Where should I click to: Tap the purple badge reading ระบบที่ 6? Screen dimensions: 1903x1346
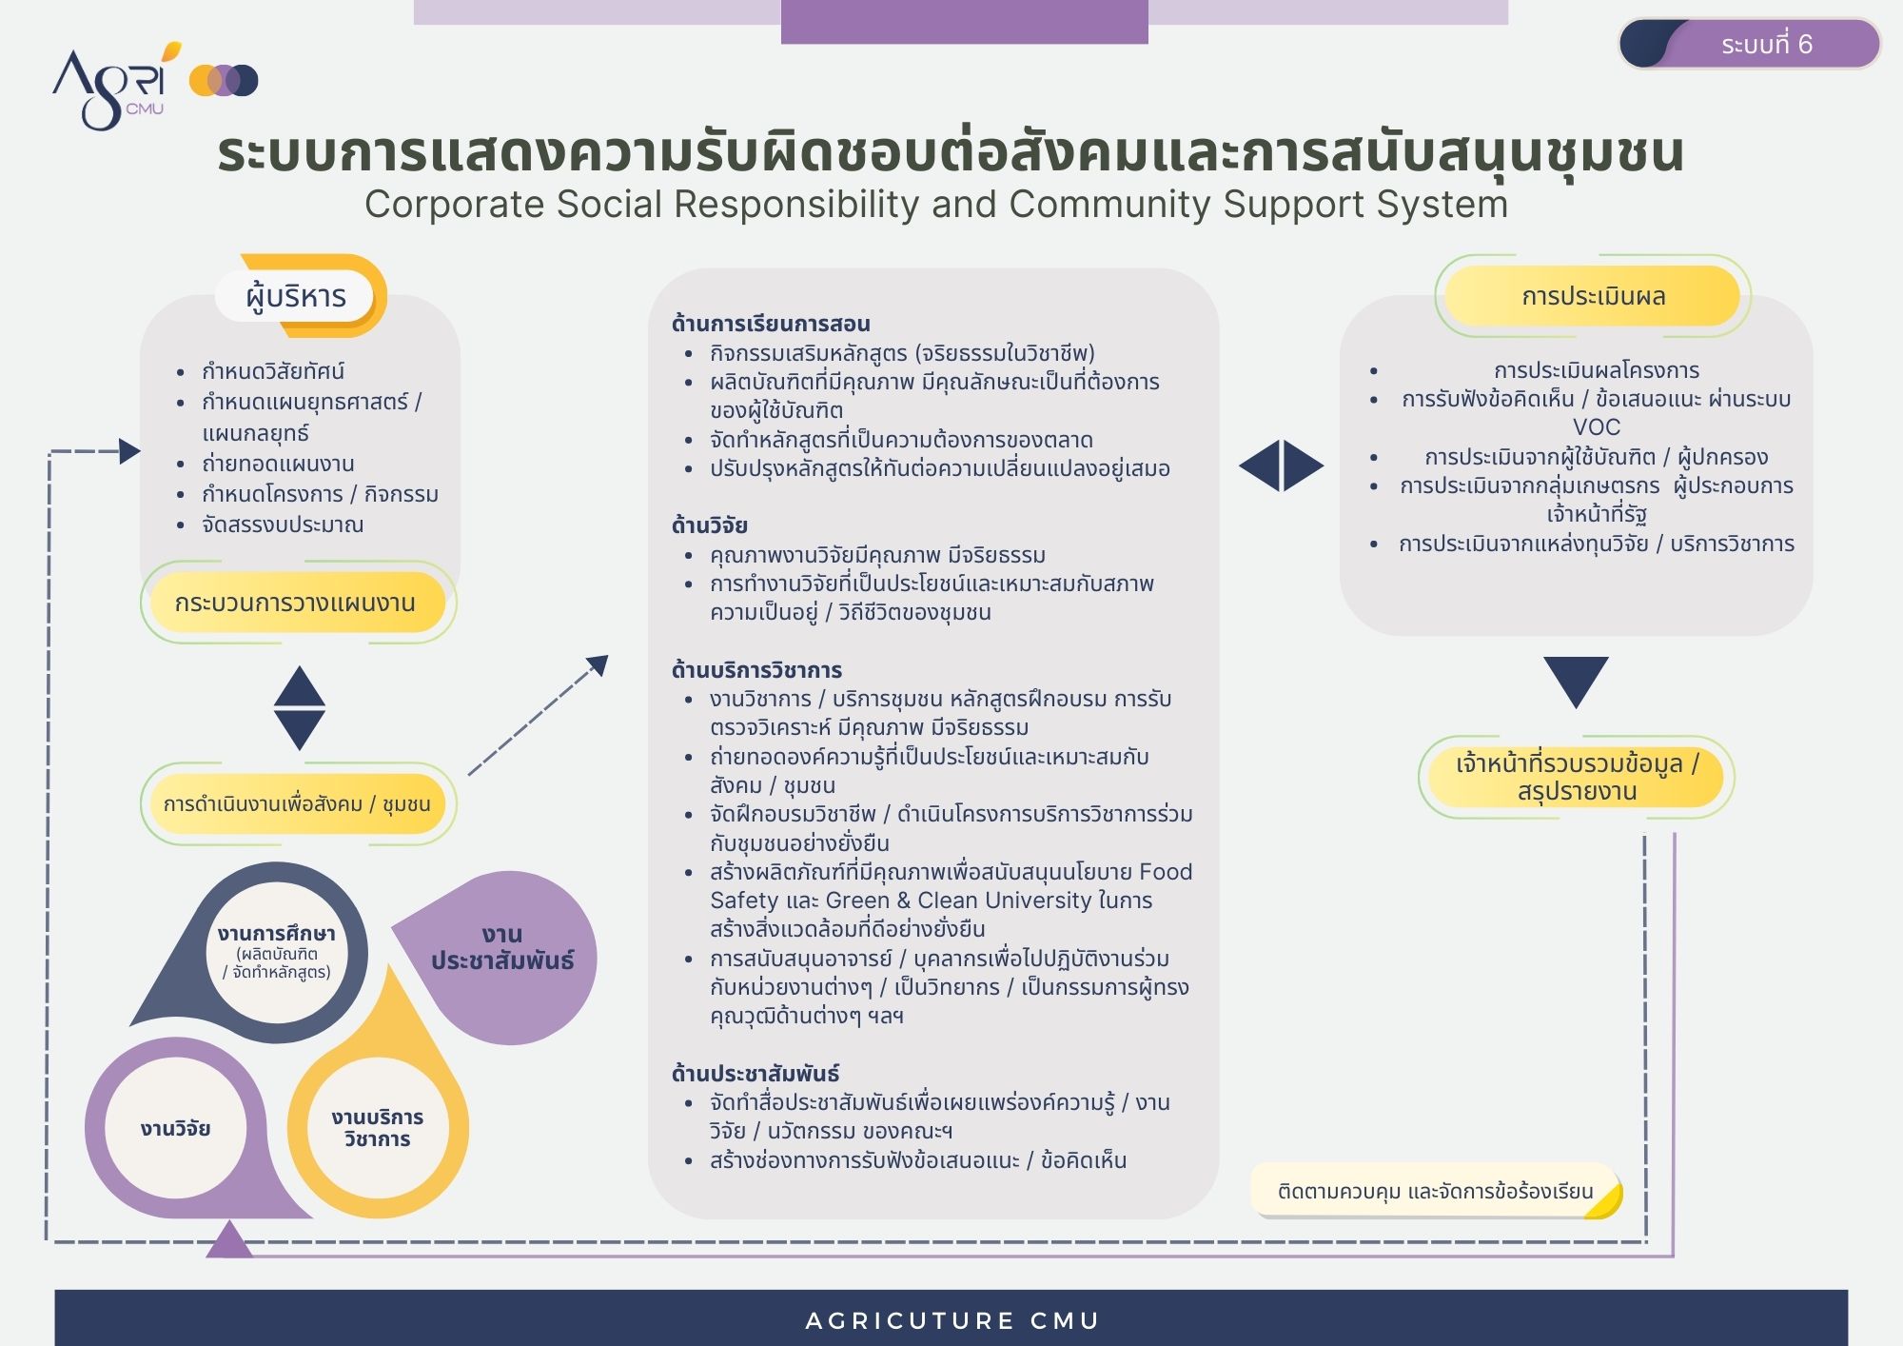tap(1750, 44)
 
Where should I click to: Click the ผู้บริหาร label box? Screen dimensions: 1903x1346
tap(296, 296)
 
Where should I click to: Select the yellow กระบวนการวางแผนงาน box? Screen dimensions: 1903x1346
tap(296, 603)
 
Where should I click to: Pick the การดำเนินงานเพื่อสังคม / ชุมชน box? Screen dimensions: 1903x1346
tap(297, 804)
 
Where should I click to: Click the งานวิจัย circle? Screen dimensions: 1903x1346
tap(176, 1129)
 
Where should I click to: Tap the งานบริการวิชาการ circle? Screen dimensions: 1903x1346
tap(378, 1128)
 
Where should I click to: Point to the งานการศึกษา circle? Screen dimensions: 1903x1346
tap(277, 952)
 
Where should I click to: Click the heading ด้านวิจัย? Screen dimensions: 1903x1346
tap(710, 525)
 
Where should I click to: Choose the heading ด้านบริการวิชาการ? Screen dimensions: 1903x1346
tap(756, 670)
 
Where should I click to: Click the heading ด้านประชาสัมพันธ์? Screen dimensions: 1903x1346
tap(755, 1074)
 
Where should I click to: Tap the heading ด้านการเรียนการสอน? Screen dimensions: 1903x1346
tap(771, 324)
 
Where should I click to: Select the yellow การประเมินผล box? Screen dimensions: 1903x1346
tap(1593, 296)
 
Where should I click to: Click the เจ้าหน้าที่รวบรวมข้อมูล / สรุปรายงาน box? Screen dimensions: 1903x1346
tap(1577, 777)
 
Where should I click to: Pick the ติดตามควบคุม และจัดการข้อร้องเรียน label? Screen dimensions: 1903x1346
tap(1436, 1191)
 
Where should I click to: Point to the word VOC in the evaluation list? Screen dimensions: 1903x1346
tap(1597, 427)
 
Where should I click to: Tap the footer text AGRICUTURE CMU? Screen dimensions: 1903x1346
tap(952, 1320)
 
